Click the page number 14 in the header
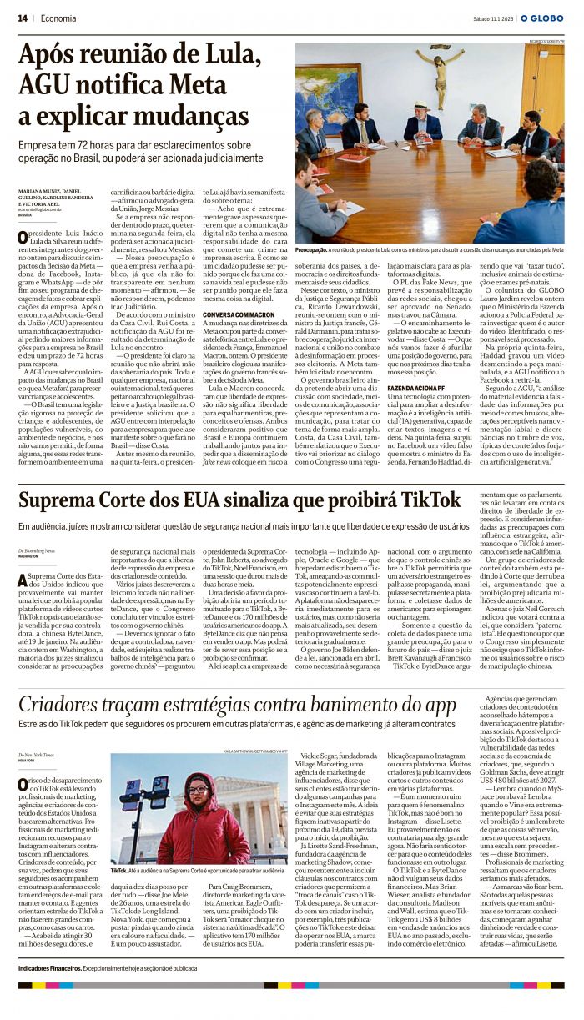[x=23, y=18]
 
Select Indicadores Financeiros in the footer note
[x=49, y=968]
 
